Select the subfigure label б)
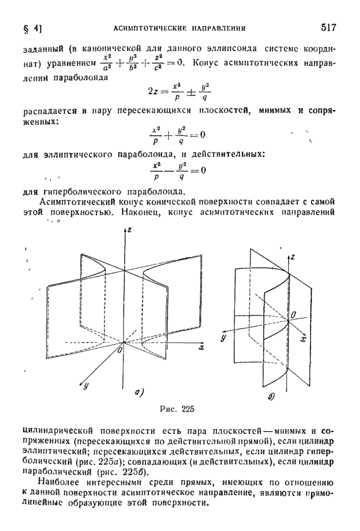[x=271, y=397]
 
